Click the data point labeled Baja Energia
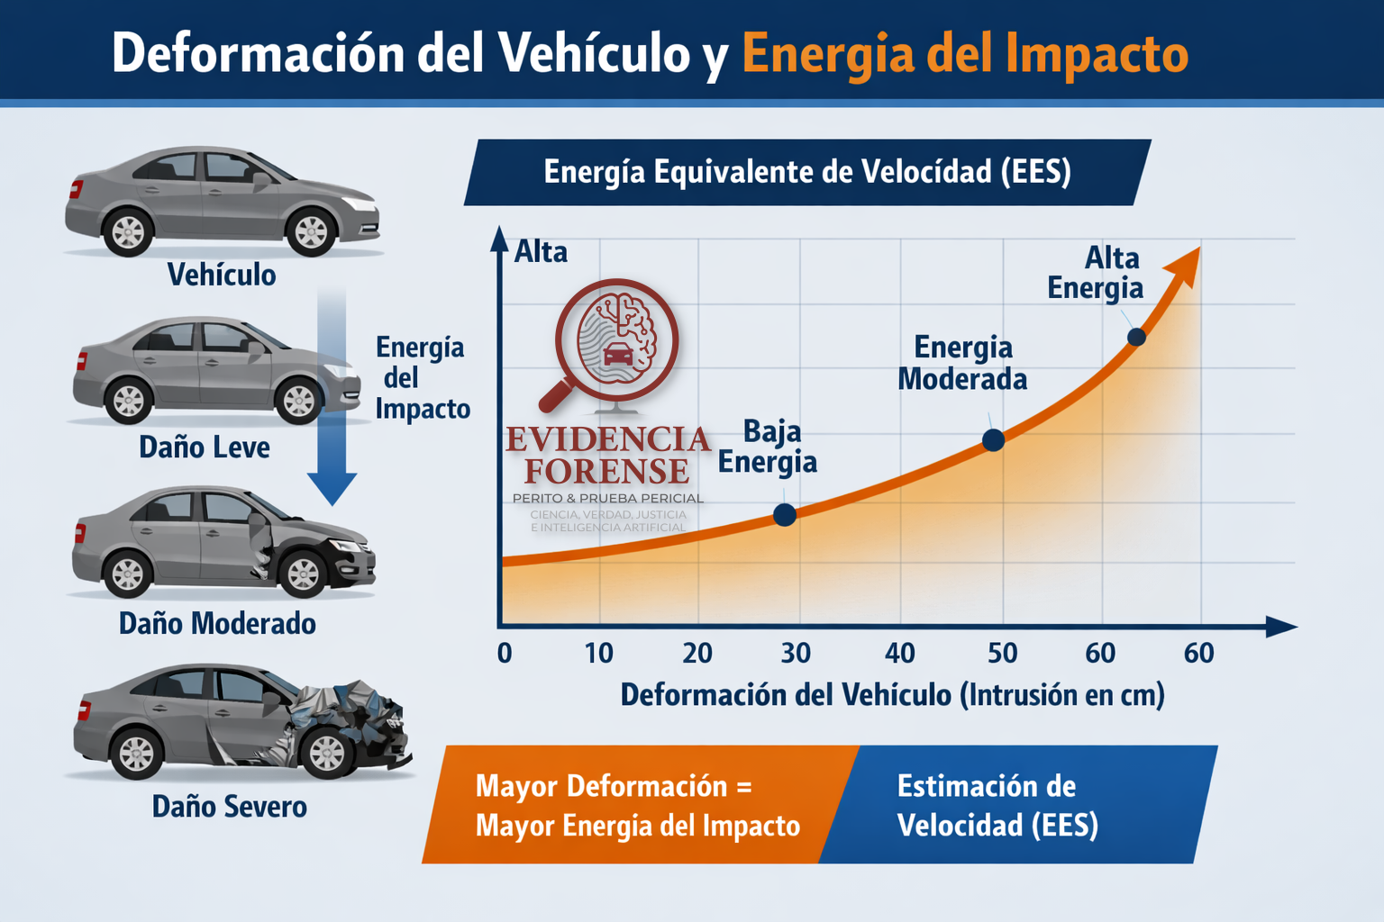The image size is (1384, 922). (x=785, y=515)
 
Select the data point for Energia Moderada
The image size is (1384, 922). (x=993, y=440)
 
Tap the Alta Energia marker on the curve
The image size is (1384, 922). (x=1136, y=337)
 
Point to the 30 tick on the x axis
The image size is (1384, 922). (x=796, y=653)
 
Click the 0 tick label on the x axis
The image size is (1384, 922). (x=505, y=653)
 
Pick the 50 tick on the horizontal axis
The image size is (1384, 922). (x=1002, y=653)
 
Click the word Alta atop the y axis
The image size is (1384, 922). (x=541, y=252)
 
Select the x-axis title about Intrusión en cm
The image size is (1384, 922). (x=892, y=695)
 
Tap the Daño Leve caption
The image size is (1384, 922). (x=205, y=447)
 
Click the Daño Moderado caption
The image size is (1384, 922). (x=217, y=623)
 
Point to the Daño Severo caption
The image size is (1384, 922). (x=229, y=806)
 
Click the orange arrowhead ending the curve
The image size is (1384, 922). (x=1184, y=265)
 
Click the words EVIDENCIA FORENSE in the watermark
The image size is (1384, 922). (x=607, y=455)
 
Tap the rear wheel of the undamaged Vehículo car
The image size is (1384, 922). (x=127, y=231)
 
